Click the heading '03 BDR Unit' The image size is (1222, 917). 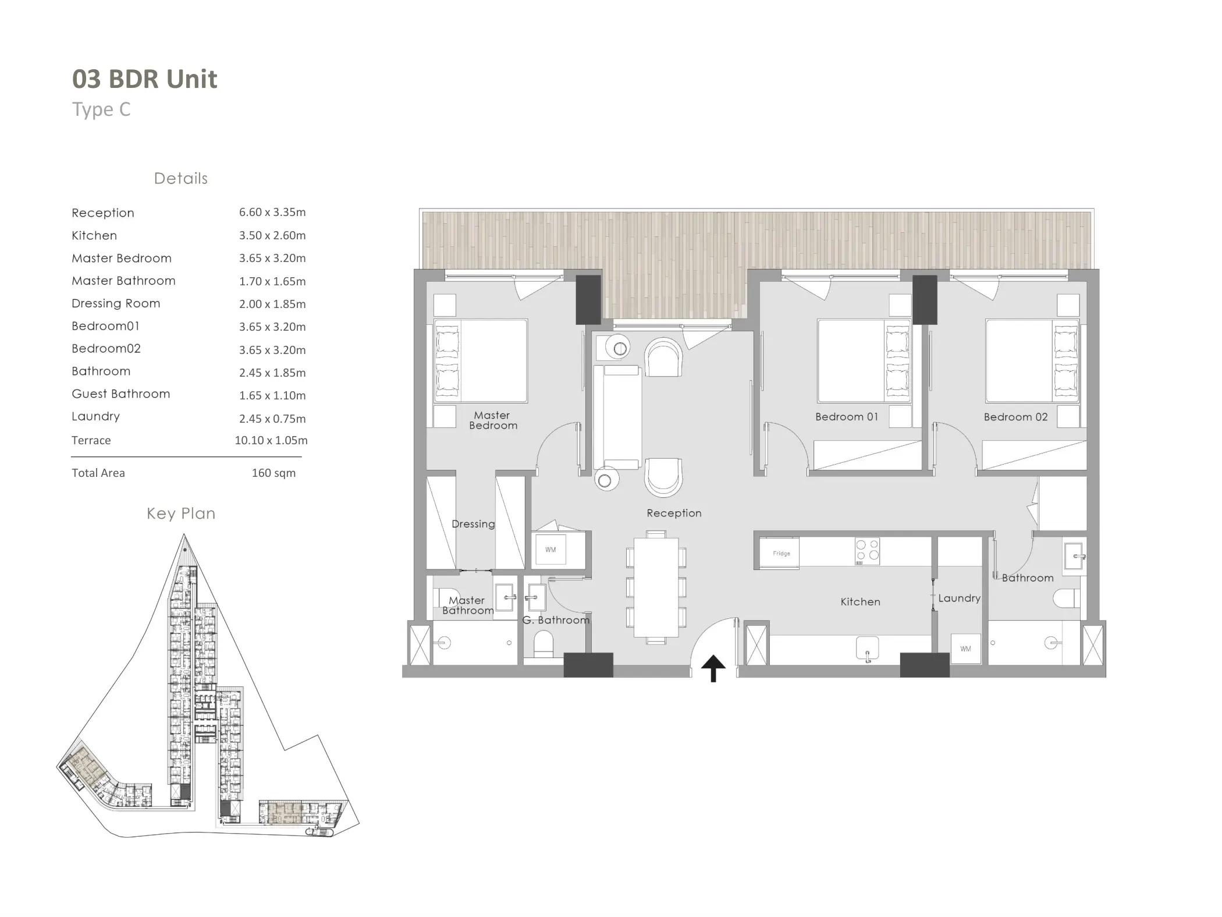click(144, 79)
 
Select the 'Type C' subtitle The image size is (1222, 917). click(101, 109)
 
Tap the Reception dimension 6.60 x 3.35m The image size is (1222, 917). click(272, 213)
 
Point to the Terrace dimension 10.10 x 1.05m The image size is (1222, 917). click(271, 441)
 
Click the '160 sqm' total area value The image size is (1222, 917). click(273, 473)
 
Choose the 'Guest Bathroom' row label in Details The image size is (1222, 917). click(121, 394)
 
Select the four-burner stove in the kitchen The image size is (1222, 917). click(867, 552)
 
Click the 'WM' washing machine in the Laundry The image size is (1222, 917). click(965, 649)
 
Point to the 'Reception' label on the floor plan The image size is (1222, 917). click(674, 514)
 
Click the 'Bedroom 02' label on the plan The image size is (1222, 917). click(1015, 417)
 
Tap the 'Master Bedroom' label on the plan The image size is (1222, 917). click(493, 420)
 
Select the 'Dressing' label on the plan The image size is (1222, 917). click(473, 524)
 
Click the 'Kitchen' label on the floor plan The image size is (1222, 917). click(860, 602)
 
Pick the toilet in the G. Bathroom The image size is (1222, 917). click(543, 645)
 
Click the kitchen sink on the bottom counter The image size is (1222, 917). click(867, 648)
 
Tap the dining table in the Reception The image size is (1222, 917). click(656, 587)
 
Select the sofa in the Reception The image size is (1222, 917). click(621, 417)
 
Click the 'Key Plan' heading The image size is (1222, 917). click(181, 514)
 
